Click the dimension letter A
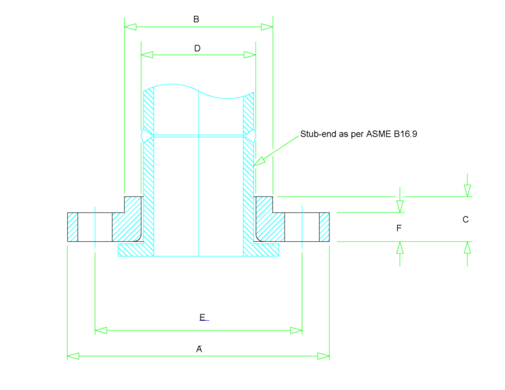pos(199,349)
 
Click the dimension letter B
pos(196,20)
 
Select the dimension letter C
pos(466,220)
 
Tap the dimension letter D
pos(197,49)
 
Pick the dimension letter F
pos(398,228)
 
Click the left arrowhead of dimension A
pos(73,356)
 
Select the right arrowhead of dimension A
pos(323,356)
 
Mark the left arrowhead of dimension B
pos(130,27)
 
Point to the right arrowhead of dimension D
pos(251,55)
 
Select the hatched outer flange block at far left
pos(72,228)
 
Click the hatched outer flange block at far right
pos(324,228)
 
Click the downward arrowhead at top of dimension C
pos(467,190)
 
